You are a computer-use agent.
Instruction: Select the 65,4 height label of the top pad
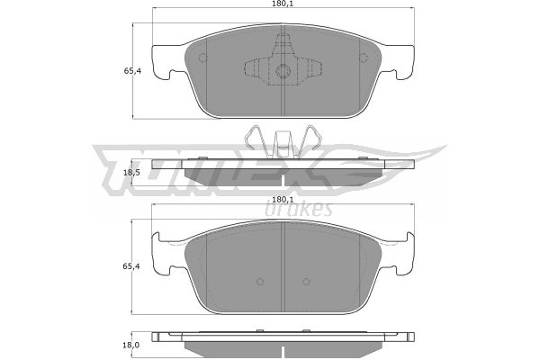132,71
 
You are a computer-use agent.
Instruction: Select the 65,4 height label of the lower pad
132,266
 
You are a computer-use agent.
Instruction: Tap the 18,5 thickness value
131,172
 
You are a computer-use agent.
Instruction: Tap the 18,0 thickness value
131,345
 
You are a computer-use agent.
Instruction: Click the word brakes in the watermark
299,209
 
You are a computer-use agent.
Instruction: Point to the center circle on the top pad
283,71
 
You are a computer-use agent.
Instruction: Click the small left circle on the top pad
203,58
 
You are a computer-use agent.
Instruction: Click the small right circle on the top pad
363,58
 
